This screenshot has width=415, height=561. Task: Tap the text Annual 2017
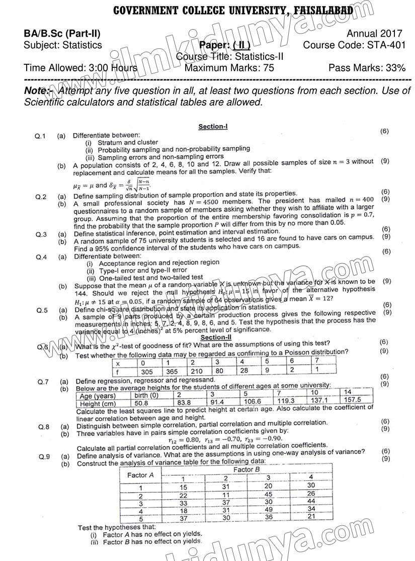pyautogui.click(x=375, y=34)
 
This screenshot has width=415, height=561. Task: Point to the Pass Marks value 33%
pyautogui.click(x=395, y=68)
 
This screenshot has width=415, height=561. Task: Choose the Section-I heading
pyautogui.click(x=213, y=127)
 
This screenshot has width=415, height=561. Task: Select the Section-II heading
pyautogui.click(x=214, y=338)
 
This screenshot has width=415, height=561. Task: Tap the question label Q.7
pyautogui.click(x=43, y=382)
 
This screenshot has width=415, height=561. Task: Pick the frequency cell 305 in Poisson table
pyautogui.click(x=149, y=372)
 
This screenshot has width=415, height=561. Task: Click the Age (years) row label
pyautogui.click(x=98, y=396)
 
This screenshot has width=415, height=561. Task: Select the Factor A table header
pyautogui.click(x=140, y=475)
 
